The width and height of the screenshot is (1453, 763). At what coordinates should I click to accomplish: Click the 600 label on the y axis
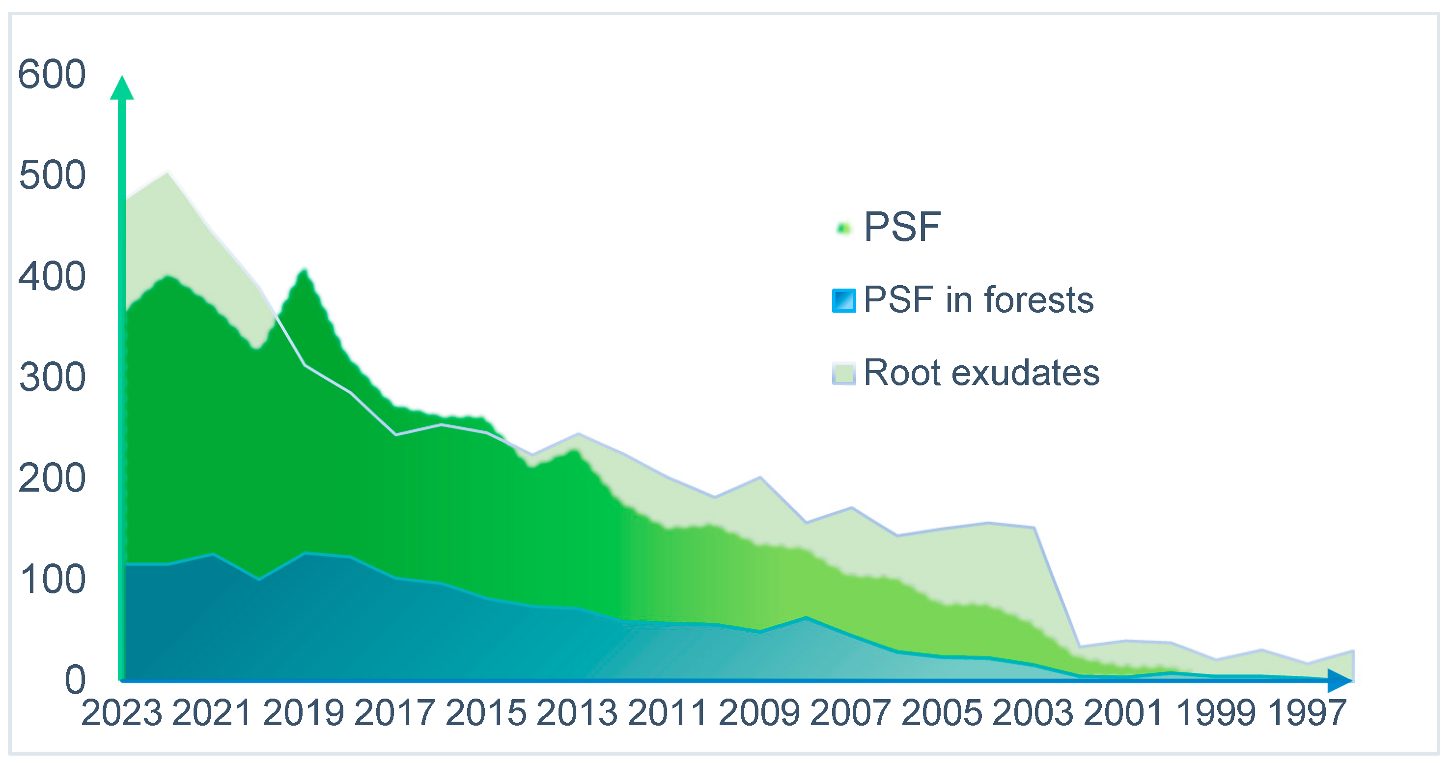tap(52, 75)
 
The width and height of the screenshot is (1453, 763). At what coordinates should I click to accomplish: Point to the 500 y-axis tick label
tap(52, 176)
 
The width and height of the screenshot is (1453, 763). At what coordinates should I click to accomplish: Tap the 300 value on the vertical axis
tap(52, 378)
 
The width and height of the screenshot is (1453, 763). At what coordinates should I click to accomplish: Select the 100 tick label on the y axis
tap(52, 580)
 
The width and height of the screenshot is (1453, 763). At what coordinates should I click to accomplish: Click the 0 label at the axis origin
tap(75, 680)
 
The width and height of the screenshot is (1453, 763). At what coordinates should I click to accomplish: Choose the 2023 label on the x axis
tap(122, 713)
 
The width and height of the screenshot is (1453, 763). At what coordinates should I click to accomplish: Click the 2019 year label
tap(304, 713)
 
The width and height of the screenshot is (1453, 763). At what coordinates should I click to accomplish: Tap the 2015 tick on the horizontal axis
tap(486, 713)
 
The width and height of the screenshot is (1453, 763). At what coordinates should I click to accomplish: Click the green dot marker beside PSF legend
tap(844, 229)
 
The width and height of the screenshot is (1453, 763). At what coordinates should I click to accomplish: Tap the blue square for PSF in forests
tap(844, 300)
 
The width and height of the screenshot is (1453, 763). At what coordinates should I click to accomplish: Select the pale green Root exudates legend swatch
tap(844, 374)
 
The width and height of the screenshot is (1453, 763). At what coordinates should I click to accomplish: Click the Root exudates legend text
tap(981, 373)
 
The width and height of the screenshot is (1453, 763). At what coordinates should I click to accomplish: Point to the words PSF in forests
tap(978, 300)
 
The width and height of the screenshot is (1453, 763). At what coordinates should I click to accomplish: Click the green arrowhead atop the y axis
tap(122, 88)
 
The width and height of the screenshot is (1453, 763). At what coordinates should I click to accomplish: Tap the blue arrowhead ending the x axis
tap(1340, 680)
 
